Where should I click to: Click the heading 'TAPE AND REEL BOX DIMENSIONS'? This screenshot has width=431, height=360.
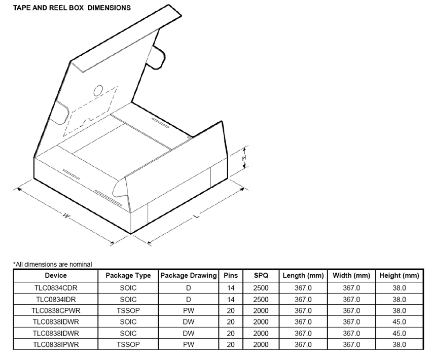pyautogui.click(x=72, y=8)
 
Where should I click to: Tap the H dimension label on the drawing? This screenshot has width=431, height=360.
pyautogui.click(x=244, y=158)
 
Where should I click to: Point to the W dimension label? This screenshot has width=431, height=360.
pyautogui.click(x=66, y=215)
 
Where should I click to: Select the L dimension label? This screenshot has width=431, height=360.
pyautogui.click(x=196, y=217)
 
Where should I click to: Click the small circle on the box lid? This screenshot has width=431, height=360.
pyautogui.click(x=98, y=90)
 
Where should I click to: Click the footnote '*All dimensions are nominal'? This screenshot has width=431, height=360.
pyautogui.click(x=53, y=264)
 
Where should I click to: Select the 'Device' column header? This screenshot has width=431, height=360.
pyautogui.click(x=56, y=275)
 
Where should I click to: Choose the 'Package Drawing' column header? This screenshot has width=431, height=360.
pyautogui.click(x=189, y=275)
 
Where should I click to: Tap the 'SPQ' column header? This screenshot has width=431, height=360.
pyautogui.click(x=261, y=275)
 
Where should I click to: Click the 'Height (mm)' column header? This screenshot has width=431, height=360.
pyautogui.click(x=400, y=275)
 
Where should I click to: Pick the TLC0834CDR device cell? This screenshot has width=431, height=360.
pyautogui.click(x=56, y=287)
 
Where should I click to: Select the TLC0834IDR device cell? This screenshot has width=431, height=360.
pyautogui.click(x=56, y=299)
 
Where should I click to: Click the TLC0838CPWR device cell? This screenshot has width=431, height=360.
pyautogui.click(x=56, y=310)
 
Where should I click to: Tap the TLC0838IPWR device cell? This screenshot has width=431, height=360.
pyautogui.click(x=56, y=344)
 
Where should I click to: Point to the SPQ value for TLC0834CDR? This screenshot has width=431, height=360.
pyautogui.click(x=261, y=287)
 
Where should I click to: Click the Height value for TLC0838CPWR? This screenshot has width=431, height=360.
pyautogui.click(x=400, y=310)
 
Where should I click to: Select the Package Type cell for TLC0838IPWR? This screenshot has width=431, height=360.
pyautogui.click(x=128, y=344)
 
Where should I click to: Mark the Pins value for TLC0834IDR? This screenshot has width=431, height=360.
pyautogui.click(x=231, y=299)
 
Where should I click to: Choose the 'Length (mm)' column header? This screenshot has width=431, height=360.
pyautogui.click(x=303, y=275)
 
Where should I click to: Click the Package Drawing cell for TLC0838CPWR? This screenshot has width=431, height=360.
pyautogui.click(x=189, y=310)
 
